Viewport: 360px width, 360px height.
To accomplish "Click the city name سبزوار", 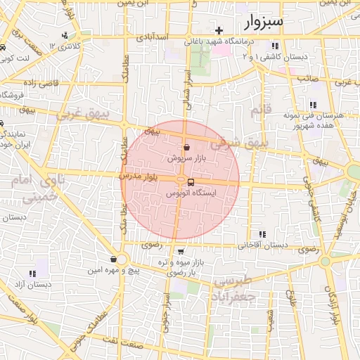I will coord(264,22).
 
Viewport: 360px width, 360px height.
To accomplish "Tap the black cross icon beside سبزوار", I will coord(219,30).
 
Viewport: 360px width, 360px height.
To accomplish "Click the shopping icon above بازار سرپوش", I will coord(186,148).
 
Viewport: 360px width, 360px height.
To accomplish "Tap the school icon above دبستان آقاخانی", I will coord(262,234).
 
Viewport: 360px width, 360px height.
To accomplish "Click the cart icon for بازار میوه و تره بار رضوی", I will coord(181,251).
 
